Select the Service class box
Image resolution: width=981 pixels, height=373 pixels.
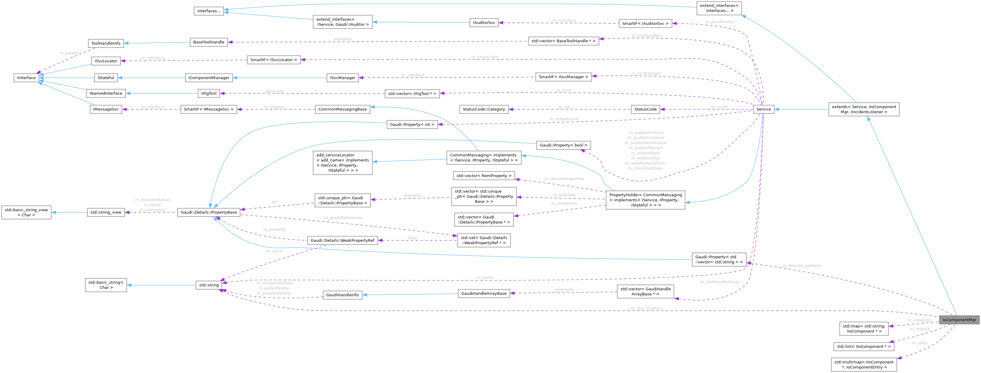[763, 109]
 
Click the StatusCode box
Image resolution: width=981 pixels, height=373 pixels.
[645, 109]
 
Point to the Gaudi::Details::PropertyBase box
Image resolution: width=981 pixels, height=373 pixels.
[209, 212]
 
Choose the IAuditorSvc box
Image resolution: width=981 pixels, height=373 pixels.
[484, 22]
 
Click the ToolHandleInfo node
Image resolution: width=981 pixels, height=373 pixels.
[106, 43]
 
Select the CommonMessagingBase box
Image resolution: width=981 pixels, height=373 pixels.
[342, 109]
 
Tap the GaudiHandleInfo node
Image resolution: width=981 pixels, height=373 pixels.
[342, 295]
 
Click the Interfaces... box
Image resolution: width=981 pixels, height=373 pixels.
[209, 11]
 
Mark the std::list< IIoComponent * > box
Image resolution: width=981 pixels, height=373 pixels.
[864, 346]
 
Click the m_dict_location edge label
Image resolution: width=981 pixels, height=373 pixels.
[646, 308]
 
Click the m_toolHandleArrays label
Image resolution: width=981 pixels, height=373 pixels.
[719, 282]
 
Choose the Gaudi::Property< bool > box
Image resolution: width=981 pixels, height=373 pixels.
[563, 145]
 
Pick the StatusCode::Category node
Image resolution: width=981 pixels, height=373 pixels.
[484, 109]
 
